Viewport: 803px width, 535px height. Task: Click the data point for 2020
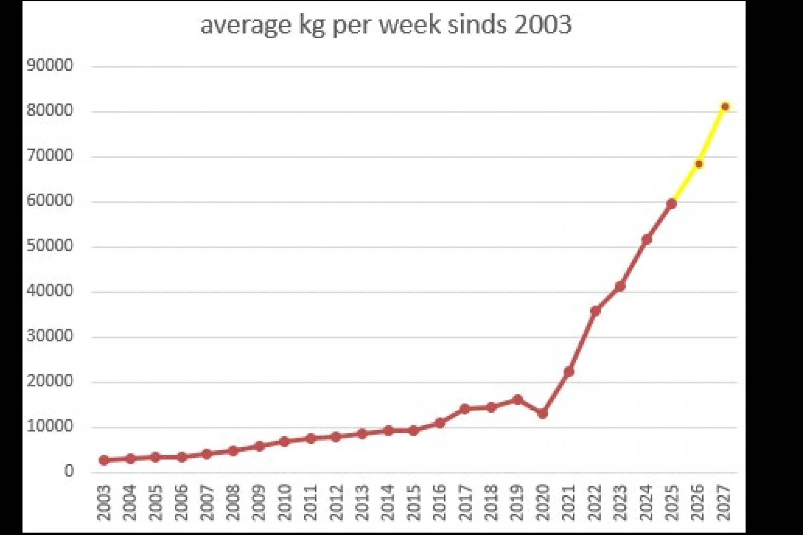[x=543, y=413]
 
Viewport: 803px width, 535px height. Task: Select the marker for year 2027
[x=725, y=106]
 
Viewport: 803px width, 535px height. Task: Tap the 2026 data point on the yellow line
[x=699, y=164]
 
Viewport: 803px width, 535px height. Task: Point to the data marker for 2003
[x=104, y=460]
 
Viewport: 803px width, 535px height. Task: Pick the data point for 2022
[x=595, y=310]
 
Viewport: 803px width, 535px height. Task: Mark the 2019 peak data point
[x=517, y=400]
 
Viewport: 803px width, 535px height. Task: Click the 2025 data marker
[x=672, y=204]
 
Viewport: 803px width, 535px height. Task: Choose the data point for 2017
[x=464, y=409]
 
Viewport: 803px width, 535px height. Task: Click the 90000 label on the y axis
[x=50, y=65]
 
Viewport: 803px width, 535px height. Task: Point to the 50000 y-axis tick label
[x=50, y=245]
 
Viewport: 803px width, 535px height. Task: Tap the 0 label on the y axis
[x=69, y=471]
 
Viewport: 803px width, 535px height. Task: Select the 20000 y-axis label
[x=50, y=381]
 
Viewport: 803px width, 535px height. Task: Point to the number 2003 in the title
[x=543, y=25]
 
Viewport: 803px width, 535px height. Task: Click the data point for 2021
[x=568, y=372]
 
